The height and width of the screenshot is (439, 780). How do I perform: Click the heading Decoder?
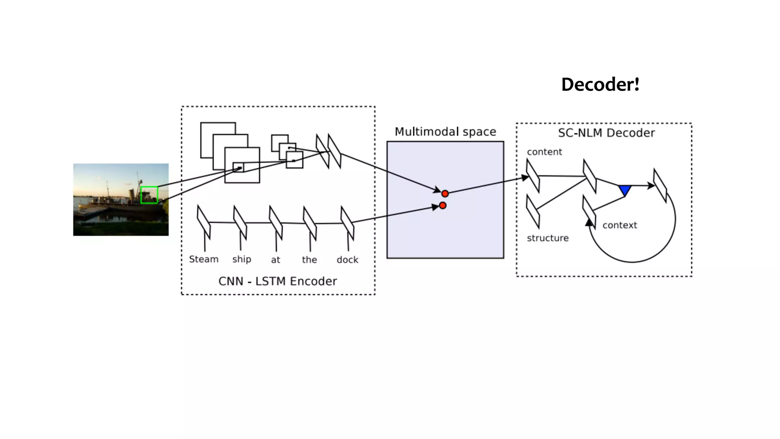(x=600, y=85)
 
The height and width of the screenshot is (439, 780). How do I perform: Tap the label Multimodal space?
(x=445, y=132)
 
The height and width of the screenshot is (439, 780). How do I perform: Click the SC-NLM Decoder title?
(x=606, y=133)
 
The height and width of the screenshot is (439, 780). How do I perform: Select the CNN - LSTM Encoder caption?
(x=278, y=281)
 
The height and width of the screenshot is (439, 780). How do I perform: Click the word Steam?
(x=204, y=259)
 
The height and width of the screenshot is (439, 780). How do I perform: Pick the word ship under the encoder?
(x=242, y=260)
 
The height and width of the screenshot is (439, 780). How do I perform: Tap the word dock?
(x=347, y=260)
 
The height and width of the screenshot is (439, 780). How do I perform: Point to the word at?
(x=275, y=260)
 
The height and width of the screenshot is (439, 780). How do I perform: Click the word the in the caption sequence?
(x=309, y=260)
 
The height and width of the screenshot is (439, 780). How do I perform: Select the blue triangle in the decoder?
(x=625, y=190)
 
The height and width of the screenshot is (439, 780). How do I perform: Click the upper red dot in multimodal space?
(x=445, y=194)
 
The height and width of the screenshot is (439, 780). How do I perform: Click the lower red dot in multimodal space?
(x=443, y=205)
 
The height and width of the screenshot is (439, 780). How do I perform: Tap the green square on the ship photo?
(x=149, y=195)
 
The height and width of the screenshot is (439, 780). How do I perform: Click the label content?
(x=544, y=152)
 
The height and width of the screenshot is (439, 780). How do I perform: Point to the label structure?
(x=548, y=238)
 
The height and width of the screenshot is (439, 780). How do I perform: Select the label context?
(x=620, y=225)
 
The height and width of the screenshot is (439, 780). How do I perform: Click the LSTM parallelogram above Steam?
(x=204, y=222)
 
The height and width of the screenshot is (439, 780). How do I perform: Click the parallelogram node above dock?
(x=347, y=223)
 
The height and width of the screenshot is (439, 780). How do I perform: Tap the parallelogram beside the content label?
(x=533, y=176)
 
